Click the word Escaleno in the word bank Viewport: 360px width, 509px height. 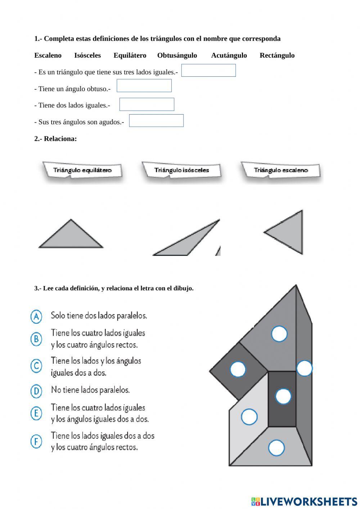click(48, 55)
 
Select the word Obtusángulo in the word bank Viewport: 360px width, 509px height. click(177, 55)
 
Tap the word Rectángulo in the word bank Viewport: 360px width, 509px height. click(277, 55)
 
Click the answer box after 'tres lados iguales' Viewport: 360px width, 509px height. click(208, 71)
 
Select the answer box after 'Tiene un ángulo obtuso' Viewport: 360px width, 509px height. click(144, 86)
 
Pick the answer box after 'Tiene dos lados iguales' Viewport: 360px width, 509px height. click(147, 104)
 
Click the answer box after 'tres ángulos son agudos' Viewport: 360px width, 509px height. click(156, 121)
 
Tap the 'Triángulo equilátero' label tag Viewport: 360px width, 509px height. click(82, 170)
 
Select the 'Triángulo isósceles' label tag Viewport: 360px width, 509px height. click(181, 170)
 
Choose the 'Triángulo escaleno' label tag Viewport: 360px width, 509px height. click(281, 170)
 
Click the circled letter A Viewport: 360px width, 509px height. click(36, 316)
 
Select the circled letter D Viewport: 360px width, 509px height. click(36, 391)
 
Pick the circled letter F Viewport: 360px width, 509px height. click(36, 441)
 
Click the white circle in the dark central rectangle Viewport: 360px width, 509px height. click(283, 397)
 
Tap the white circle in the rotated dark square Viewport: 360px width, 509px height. click(238, 369)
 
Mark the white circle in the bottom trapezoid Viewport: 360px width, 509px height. click(276, 448)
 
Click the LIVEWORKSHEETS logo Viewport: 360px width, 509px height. click(304, 501)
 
